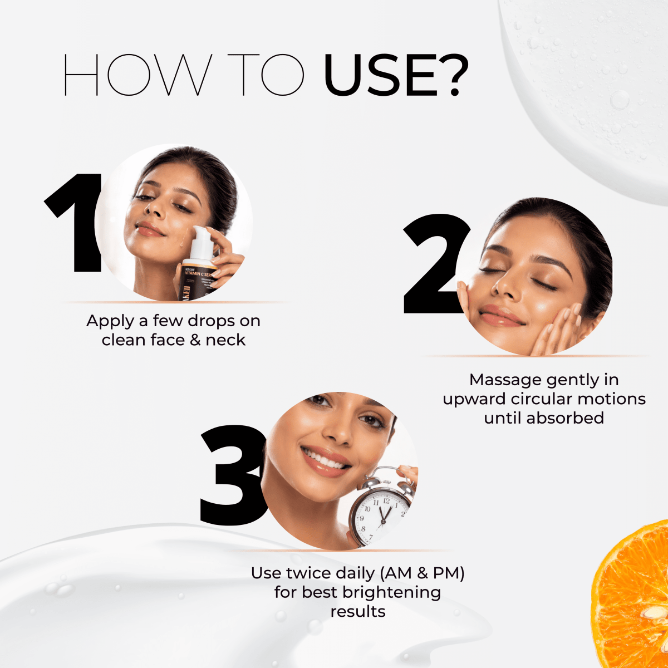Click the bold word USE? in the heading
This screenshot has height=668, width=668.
(396, 75)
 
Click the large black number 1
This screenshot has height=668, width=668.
(78, 223)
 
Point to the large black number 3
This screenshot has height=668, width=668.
(231, 476)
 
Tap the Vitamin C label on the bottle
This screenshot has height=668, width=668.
(199, 274)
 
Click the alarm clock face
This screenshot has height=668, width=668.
(381, 515)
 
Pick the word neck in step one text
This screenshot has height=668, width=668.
(225, 340)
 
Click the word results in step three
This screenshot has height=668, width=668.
(357, 611)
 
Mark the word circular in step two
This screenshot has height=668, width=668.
(542, 399)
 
